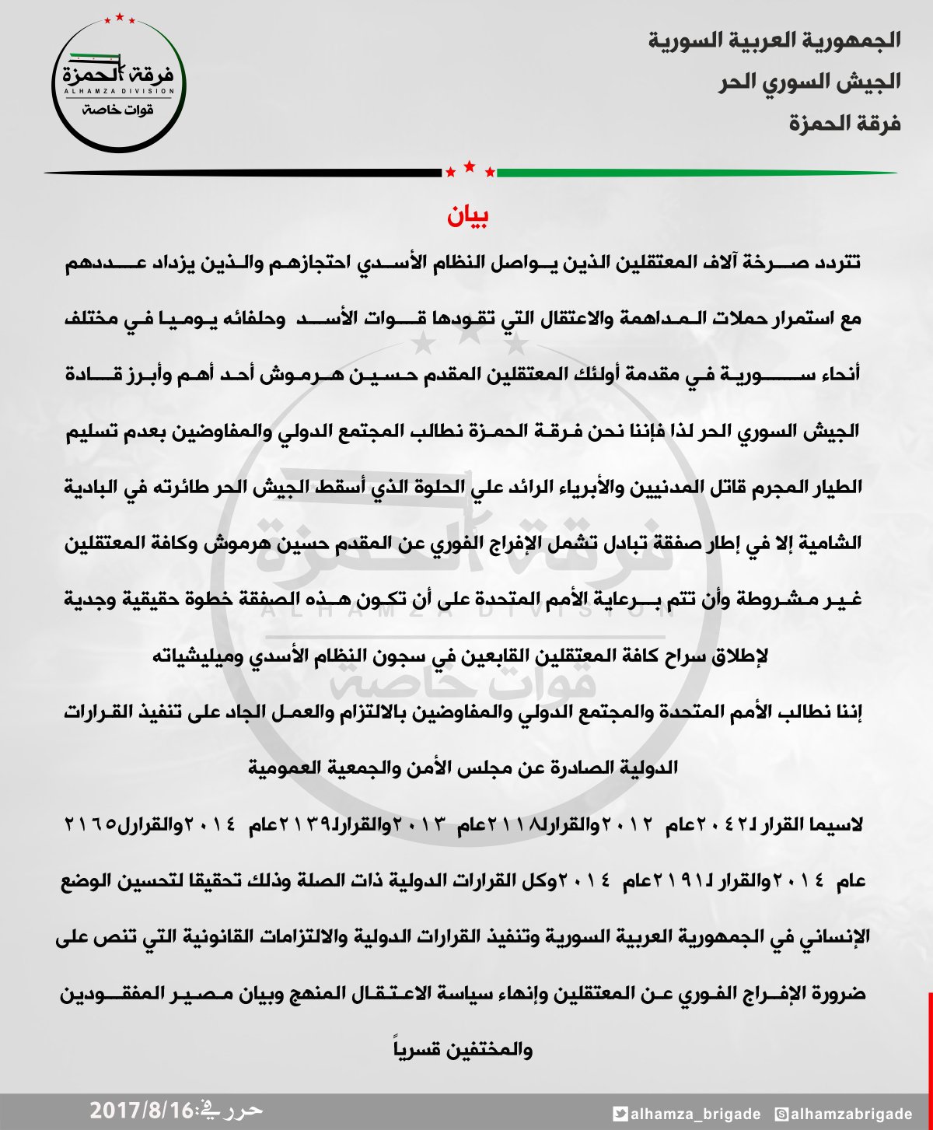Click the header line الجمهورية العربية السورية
point(774,40)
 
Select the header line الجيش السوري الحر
point(809,82)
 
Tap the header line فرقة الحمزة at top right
point(845,123)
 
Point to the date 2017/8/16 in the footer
point(140,1111)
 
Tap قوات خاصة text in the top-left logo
point(118,110)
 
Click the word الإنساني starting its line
point(832,937)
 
